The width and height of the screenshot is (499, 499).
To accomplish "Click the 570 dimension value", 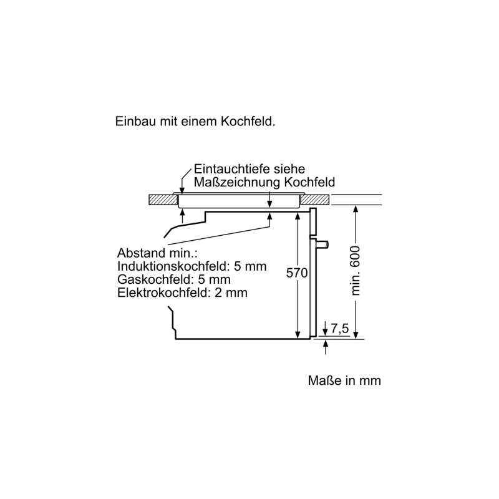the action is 297,273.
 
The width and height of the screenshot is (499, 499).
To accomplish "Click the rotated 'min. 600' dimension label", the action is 355,271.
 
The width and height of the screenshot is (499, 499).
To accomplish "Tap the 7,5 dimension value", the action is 340,329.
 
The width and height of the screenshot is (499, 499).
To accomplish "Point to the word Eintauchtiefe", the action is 231,168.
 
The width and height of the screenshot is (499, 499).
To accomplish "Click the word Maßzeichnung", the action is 237,182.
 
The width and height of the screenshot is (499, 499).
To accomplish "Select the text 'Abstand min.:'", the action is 157,253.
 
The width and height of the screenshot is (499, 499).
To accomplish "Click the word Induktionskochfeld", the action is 174,266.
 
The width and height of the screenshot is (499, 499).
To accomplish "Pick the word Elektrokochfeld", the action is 164,293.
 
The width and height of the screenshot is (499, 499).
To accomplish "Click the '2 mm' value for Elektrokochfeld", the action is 231,293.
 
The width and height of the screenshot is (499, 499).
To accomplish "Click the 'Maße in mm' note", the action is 344,380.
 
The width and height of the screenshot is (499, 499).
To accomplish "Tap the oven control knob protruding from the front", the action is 322,244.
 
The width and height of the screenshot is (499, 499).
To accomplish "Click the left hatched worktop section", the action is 163,200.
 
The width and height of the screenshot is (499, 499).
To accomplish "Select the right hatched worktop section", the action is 315,200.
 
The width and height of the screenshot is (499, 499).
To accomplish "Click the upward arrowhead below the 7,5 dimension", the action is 325,343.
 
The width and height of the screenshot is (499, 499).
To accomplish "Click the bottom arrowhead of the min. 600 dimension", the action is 356,335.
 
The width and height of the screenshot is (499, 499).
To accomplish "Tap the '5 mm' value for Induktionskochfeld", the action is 250,266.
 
